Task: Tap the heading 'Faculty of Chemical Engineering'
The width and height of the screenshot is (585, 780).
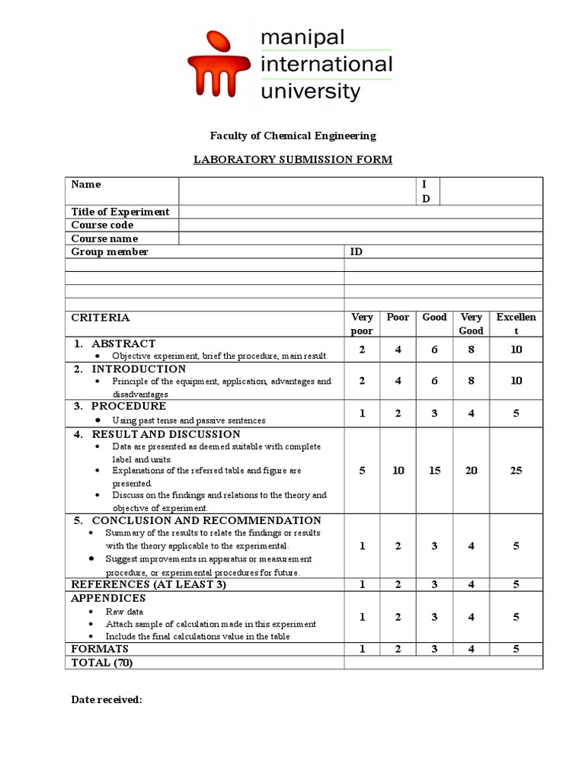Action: coord(292,136)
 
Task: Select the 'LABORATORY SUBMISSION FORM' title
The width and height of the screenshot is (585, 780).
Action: coord(292,159)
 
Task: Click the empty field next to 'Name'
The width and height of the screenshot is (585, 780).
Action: coord(299,190)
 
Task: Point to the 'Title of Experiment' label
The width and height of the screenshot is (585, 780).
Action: coord(120,212)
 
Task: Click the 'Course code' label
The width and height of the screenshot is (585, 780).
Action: coord(102,225)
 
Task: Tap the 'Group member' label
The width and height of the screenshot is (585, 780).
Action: coord(110,251)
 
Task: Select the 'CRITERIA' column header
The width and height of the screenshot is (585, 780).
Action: coord(101,318)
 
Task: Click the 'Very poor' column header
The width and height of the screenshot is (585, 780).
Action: coord(362,324)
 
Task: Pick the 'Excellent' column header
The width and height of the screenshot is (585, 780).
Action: coord(516,324)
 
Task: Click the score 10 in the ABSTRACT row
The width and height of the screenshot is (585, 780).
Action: coord(516,350)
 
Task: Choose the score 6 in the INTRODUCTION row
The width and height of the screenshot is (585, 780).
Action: coord(434,380)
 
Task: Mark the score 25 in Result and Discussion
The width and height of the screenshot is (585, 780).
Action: coord(516,471)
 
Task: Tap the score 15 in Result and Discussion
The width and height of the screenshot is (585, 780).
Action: coord(434,471)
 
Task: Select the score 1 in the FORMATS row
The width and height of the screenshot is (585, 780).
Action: coord(362,649)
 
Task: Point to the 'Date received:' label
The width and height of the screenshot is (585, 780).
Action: coord(107,699)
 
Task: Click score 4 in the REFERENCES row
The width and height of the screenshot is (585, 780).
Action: coord(472,584)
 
